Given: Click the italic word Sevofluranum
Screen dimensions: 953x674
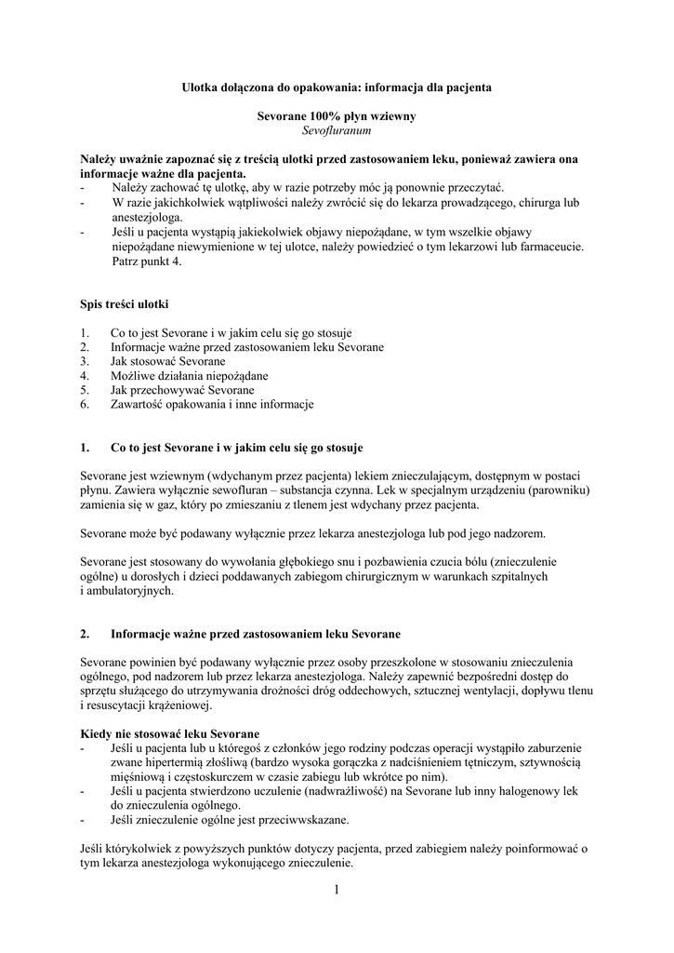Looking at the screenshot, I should click(336, 131).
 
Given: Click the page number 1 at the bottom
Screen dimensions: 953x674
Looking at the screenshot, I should click(337, 892).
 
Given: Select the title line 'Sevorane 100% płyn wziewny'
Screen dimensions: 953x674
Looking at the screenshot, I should click(336, 116).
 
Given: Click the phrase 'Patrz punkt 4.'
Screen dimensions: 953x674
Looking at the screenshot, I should click(146, 262).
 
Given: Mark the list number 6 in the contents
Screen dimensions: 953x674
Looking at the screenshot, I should click(85, 405).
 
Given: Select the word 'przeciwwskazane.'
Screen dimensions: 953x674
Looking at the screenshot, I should click(303, 820).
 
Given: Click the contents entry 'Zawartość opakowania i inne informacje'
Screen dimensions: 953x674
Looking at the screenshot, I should click(212, 405).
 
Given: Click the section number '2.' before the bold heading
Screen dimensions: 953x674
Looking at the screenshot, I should click(85, 634).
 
